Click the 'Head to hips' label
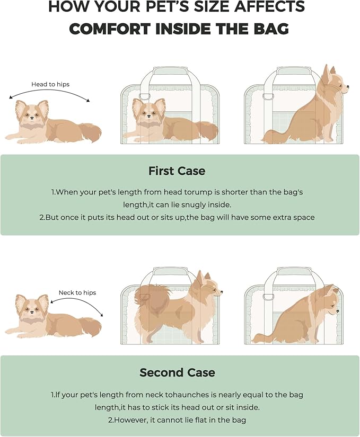coord(50,84)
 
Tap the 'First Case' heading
coord(177,171)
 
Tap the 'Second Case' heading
coord(177,372)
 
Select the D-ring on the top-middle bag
coord(144,96)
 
